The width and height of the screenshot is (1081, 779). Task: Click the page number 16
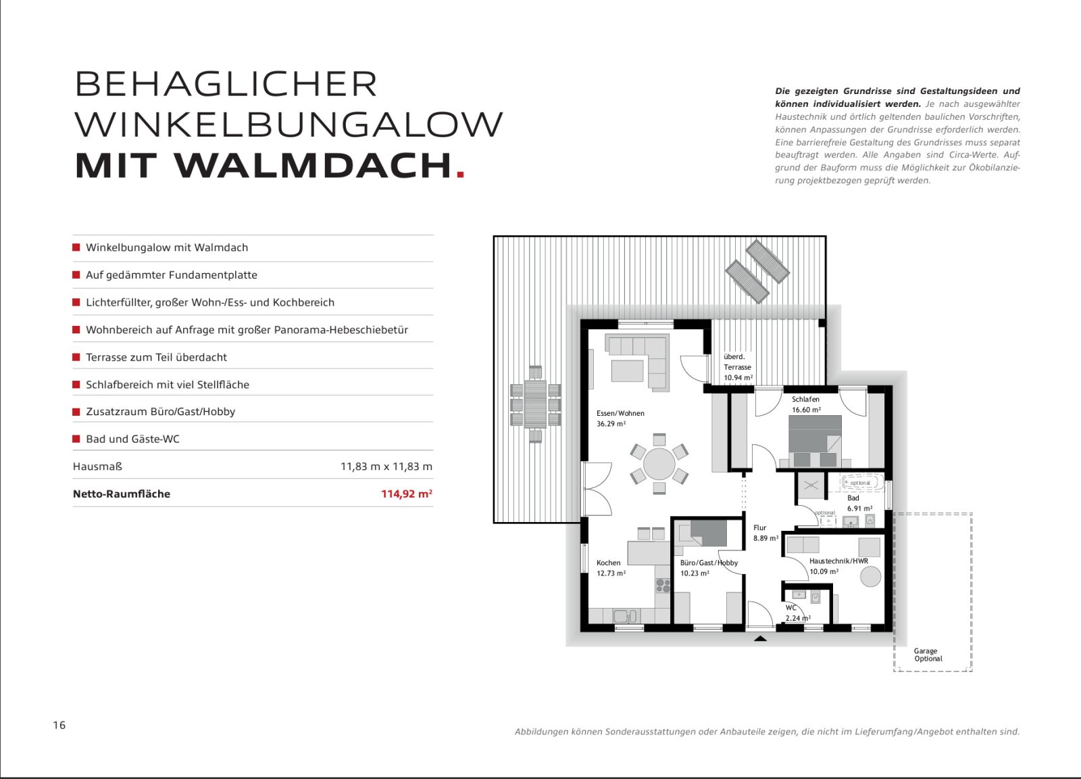tap(59, 725)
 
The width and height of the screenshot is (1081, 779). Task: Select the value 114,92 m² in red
tap(406, 494)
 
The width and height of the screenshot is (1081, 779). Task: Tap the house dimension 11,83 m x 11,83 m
tap(386, 467)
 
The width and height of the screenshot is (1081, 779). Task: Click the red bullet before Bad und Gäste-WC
tap(76, 439)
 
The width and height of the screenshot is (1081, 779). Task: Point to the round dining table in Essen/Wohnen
tap(659, 465)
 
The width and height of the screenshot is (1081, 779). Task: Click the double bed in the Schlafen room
tap(815, 440)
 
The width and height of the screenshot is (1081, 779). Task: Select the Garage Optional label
tap(928, 655)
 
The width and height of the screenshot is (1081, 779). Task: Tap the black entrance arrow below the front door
tap(760, 638)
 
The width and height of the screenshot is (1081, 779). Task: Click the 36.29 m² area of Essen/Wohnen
tap(611, 424)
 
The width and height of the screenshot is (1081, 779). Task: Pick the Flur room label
tap(760, 527)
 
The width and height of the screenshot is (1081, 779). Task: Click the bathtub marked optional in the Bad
tap(861, 483)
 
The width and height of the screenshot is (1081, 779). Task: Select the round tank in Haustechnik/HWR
tap(870, 576)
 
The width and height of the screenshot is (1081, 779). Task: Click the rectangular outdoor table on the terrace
tap(535, 404)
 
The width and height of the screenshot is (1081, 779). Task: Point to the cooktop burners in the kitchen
tap(663, 586)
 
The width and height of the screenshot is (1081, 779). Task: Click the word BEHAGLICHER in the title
tap(226, 85)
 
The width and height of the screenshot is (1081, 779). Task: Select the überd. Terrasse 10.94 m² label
tap(737, 367)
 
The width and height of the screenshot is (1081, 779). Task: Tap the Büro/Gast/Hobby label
tap(708, 563)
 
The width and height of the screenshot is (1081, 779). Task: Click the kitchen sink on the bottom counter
tap(623, 616)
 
